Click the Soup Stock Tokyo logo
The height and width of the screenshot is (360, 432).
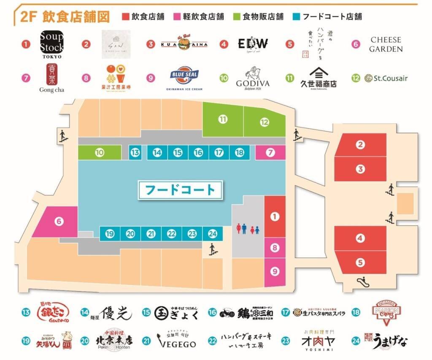click(51, 44)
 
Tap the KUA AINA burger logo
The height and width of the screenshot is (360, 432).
click(183, 43)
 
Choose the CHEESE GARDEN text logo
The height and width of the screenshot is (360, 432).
click(386, 44)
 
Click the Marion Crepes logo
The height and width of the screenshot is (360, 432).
click(387, 313)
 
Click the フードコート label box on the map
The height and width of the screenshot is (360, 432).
click(180, 189)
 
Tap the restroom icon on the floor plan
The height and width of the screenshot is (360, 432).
click(248, 229)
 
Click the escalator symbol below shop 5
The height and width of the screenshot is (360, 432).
click(361, 280)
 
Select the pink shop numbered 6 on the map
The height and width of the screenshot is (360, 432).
click(57, 221)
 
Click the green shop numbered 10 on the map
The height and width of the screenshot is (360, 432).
click(100, 152)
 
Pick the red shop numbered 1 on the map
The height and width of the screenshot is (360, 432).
click(275, 217)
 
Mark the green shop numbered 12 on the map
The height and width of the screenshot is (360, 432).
click(265, 122)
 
